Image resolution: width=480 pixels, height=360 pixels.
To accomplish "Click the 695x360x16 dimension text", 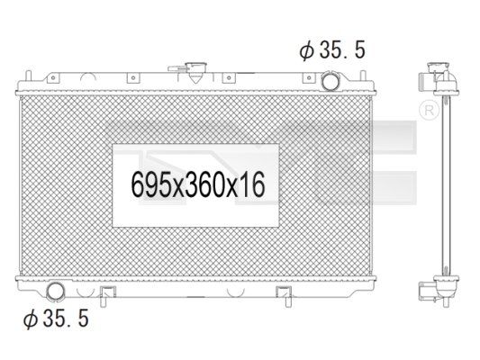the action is [198, 184].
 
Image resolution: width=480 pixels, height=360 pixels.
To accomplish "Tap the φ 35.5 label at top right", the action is [332, 49].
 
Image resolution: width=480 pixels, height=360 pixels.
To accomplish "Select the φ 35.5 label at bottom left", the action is [56, 318].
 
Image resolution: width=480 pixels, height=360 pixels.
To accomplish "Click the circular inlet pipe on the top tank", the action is [330, 80].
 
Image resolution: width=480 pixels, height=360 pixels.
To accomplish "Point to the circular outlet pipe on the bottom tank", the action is [56, 292].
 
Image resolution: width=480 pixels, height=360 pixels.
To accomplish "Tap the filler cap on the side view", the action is [439, 67].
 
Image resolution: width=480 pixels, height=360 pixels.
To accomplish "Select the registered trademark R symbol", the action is [429, 111].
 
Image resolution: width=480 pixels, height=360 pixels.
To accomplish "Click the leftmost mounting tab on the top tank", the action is [52, 77].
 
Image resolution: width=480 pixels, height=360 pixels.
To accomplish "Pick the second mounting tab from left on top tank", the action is [133, 77].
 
